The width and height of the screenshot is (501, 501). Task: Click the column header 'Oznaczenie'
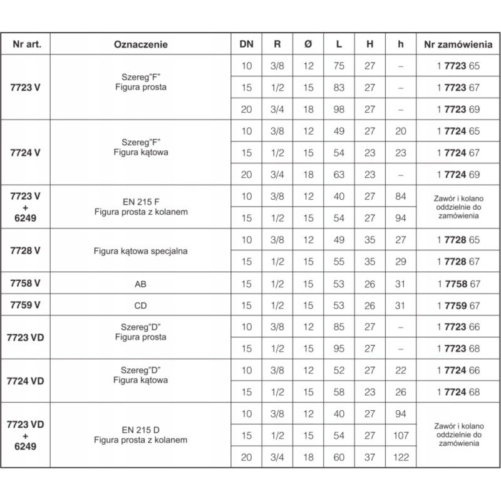point(141,44)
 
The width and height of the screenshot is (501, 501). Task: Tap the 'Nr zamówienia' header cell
point(458,44)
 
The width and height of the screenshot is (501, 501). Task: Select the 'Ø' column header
point(307,44)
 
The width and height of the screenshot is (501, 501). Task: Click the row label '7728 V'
point(26,250)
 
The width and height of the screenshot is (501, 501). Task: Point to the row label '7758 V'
point(26,284)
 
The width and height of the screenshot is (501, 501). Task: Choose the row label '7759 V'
point(26,305)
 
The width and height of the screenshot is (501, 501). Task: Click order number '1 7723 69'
point(458,109)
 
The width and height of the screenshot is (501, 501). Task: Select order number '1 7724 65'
point(458,131)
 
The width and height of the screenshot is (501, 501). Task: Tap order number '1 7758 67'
point(458,284)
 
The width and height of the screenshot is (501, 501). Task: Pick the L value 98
point(339,109)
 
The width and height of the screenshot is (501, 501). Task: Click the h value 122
point(401,457)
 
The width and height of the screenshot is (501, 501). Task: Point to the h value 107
point(401,435)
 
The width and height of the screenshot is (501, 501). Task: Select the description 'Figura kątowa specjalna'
point(141,251)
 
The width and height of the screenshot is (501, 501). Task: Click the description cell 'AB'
point(141,284)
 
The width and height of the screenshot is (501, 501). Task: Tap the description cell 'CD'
point(141,305)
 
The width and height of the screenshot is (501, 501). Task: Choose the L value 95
point(339,348)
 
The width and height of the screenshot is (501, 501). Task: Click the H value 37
point(370,457)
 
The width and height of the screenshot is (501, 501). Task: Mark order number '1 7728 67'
point(458,262)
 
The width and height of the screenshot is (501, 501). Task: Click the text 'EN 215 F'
point(141,202)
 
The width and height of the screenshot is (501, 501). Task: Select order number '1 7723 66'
point(458,327)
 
